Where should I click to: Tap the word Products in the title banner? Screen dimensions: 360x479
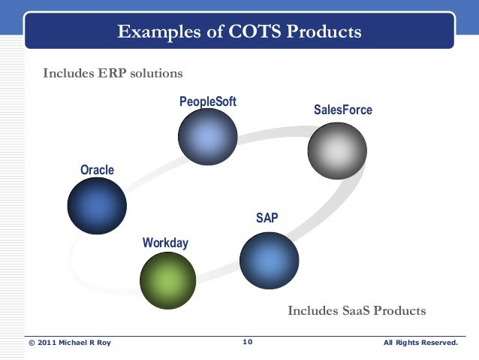tap(324, 32)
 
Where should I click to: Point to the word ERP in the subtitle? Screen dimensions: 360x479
tap(113, 74)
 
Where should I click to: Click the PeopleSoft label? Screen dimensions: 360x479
tap(208, 101)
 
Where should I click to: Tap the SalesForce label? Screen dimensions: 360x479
tap(342, 110)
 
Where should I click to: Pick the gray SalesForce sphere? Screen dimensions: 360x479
tap(337, 150)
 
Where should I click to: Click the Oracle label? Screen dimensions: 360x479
tap(98, 170)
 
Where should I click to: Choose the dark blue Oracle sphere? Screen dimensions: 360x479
tap(97, 206)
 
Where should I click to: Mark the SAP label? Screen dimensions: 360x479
tap(267, 218)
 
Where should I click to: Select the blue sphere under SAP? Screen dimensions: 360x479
tap(269, 260)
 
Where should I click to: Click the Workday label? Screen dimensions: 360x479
tap(165, 243)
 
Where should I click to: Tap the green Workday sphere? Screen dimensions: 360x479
tap(167, 280)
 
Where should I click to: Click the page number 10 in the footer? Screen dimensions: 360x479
tap(248, 343)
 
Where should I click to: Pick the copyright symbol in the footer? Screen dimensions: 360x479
tap(32, 343)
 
